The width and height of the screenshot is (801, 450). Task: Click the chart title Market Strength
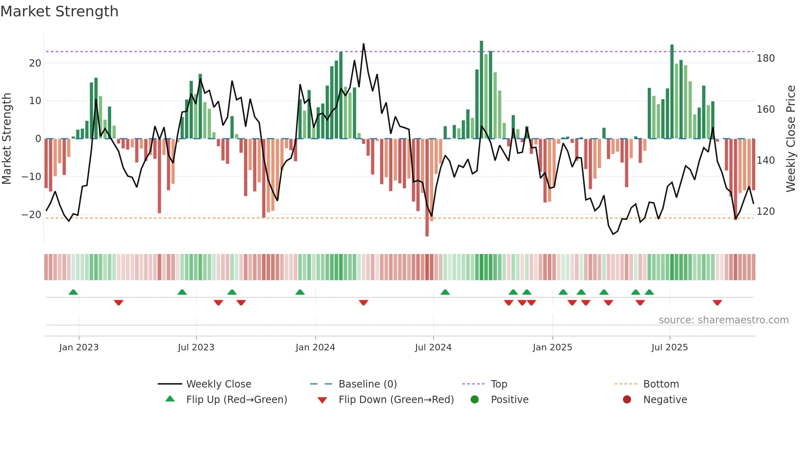59,11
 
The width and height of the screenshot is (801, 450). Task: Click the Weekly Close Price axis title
791,138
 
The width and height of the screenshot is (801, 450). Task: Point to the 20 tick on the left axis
35,63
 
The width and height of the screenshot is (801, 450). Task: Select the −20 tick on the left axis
31,215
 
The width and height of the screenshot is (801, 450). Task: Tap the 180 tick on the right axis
765,58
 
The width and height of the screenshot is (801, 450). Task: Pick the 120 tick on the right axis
765,212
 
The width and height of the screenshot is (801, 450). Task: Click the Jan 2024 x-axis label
315,348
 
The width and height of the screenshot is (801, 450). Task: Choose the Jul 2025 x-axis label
669,348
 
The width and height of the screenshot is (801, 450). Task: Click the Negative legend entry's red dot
627,400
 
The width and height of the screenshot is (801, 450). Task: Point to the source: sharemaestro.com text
723,320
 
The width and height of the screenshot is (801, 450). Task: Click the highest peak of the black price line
363,44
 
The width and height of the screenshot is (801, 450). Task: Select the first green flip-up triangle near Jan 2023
73,292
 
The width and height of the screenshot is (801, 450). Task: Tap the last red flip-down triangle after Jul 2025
717,303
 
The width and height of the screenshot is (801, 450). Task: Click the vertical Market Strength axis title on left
7,138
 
